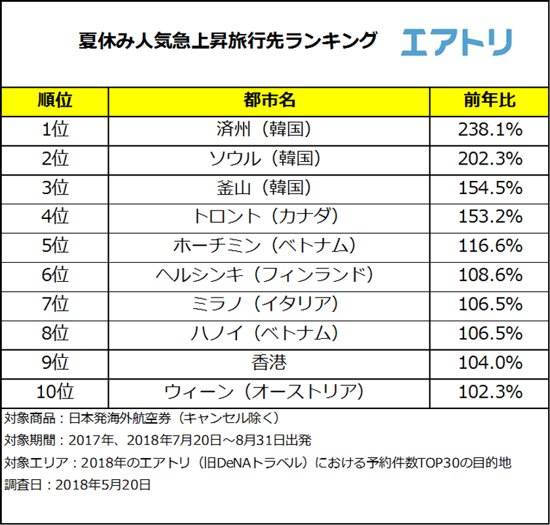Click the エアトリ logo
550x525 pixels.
click(x=456, y=42)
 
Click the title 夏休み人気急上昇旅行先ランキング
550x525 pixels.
click(x=228, y=41)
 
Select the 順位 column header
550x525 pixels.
click(x=55, y=100)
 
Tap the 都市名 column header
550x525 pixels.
click(x=269, y=100)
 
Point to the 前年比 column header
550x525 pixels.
click(x=488, y=100)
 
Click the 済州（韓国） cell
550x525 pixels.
click(x=269, y=129)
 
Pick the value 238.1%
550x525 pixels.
click(x=488, y=129)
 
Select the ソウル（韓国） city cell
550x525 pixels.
click(x=269, y=158)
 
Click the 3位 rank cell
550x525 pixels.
click(x=55, y=187)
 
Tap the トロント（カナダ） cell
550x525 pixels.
click(x=269, y=216)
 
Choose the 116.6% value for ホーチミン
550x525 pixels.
click(x=488, y=245)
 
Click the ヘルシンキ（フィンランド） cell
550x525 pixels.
click(x=269, y=274)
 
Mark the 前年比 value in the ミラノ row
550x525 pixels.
click(x=488, y=303)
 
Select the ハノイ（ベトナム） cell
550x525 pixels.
click(x=269, y=332)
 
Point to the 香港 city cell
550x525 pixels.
click(x=269, y=362)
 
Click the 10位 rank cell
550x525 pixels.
click(x=55, y=391)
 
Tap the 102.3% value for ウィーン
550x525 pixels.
click(x=488, y=391)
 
